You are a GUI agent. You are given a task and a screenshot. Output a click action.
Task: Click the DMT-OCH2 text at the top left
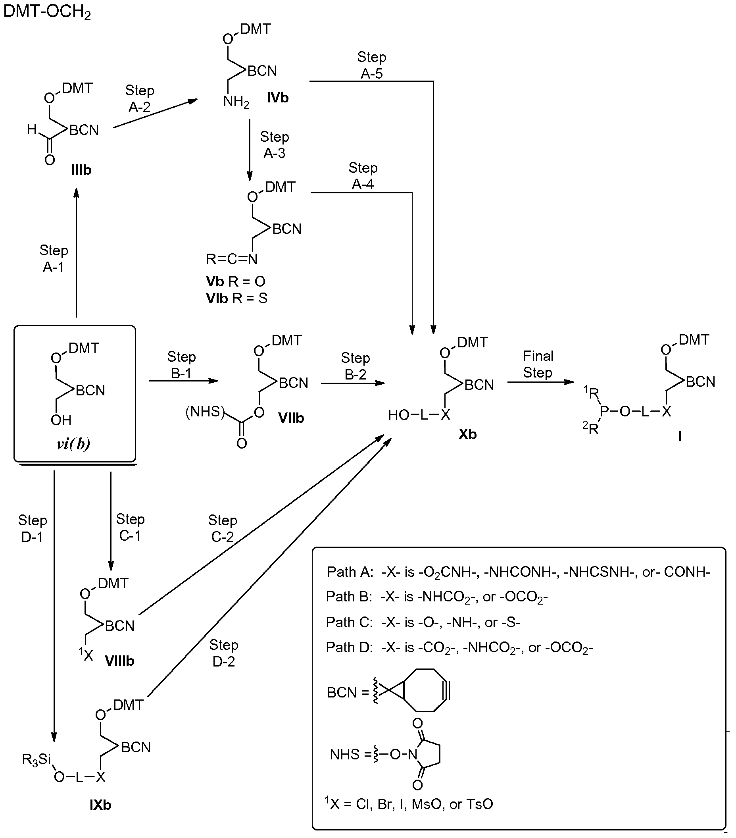coord(47,12)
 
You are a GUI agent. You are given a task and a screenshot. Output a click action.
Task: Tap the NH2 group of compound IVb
coord(236,101)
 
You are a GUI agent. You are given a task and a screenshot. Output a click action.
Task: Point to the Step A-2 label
coord(139,98)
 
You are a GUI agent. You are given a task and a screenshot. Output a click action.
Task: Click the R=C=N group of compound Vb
coord(232,259)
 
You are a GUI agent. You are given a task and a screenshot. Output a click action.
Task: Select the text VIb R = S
coord(236,298)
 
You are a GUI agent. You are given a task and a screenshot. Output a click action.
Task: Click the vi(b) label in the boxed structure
coord(73,443)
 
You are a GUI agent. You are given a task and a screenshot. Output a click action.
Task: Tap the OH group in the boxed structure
coord(61,420)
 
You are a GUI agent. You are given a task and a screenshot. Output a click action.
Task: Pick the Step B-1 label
coord(181,365)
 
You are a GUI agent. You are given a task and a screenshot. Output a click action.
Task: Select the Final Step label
coord(538,364)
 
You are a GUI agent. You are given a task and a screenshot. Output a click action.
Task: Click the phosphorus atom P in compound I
coord(604,411)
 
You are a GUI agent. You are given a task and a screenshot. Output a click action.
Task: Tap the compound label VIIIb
coord(119,661)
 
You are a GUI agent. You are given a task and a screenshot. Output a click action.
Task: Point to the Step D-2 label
coord(223,653)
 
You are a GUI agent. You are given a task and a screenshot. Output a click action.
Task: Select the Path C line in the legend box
coord(423,622)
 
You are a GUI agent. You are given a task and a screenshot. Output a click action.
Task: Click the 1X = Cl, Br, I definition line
coord(409,804)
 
